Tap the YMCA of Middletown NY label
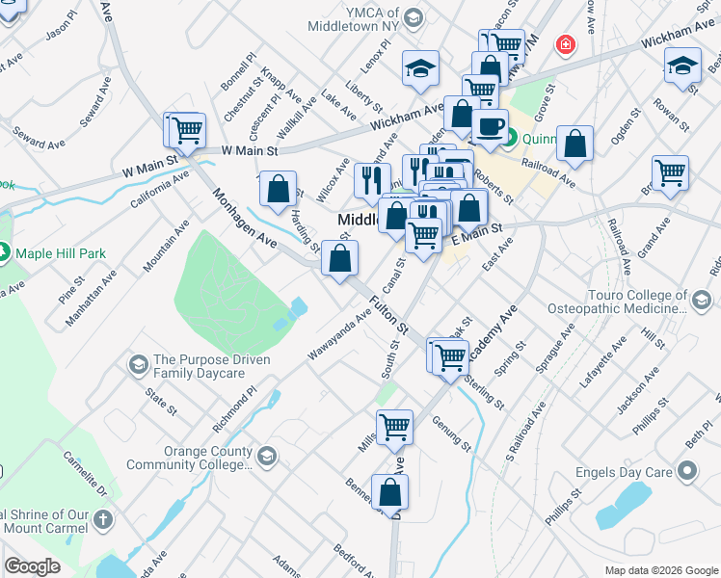[x=353, y=20]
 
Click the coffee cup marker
[x=490, y=126]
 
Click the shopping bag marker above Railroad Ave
[x=574, y=144]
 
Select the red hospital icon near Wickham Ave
[x=564, y=44]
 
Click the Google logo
[x=33, y=566]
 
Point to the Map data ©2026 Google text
[x=660, y=570]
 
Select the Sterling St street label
[x=483, y=392]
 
